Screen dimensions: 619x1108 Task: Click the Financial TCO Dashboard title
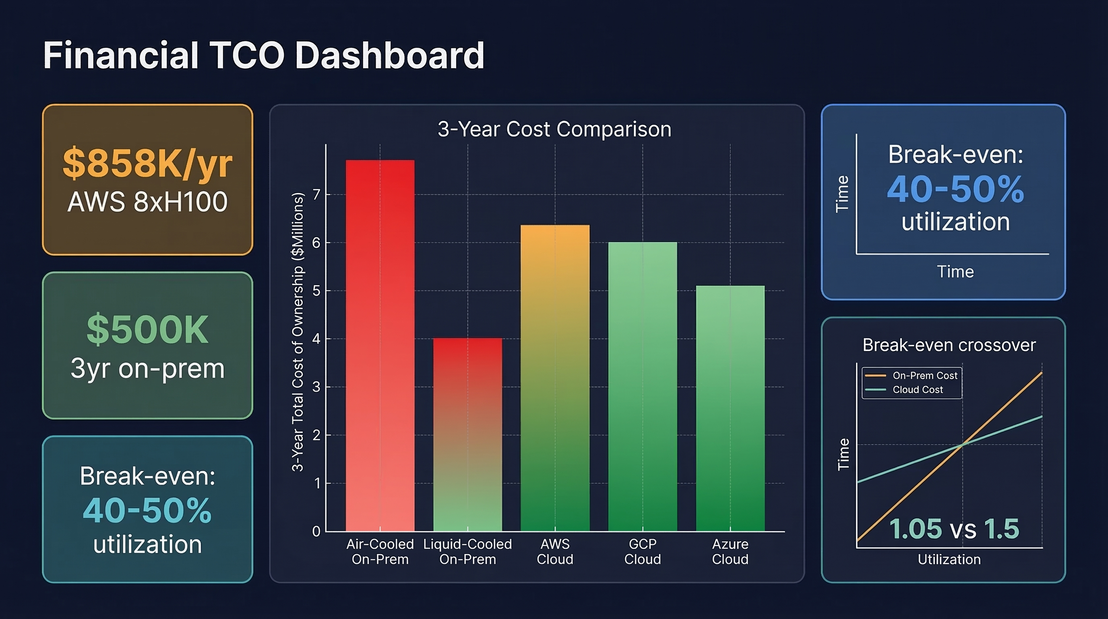[264, 56]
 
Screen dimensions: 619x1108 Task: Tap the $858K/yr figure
[147, 164]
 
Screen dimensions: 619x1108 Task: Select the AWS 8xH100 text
[147, 201]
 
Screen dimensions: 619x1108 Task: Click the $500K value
[147, 330]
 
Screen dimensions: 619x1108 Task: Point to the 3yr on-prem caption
[147, 368]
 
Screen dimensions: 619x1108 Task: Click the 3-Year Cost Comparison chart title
[554, 129]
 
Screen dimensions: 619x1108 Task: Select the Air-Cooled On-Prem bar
[380, 345]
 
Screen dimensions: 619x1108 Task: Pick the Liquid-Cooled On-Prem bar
[467, 435]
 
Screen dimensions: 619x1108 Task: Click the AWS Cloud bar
[555, 379]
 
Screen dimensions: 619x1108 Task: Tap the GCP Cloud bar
[643, 387]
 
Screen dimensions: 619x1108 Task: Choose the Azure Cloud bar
[730, 409]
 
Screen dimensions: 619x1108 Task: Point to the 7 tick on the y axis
[316, 195]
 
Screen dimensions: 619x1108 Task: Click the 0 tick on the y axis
[316, 531]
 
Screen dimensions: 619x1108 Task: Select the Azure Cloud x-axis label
[730, 551]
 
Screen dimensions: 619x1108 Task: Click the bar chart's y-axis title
[298, 331]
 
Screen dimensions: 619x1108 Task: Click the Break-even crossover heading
[949, 345]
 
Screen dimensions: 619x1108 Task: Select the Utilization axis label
[949, 559]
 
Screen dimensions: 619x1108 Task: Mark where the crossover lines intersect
[963, 444]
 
